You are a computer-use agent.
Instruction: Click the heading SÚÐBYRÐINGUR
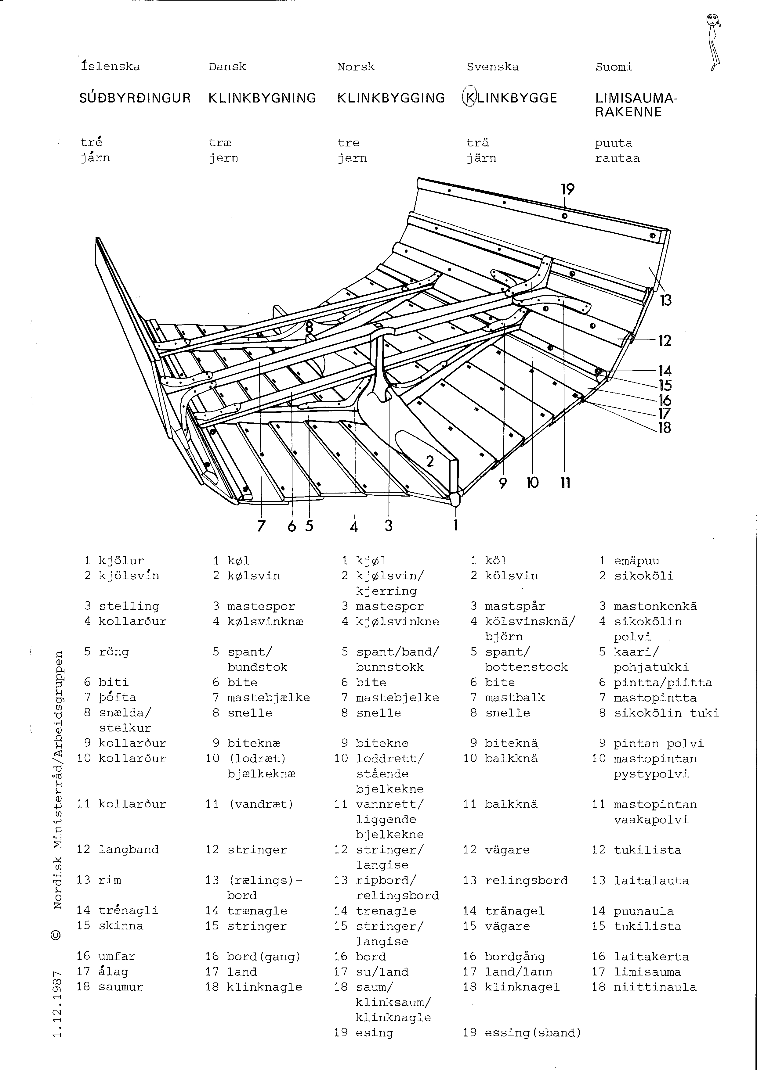(135, 98)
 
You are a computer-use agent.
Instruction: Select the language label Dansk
(227, 66)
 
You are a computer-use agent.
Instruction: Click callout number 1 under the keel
(456, 526)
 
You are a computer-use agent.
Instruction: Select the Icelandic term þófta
(118, 698)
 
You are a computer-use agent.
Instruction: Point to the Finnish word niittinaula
(655, 987)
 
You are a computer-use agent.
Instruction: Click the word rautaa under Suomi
(617, 158)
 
